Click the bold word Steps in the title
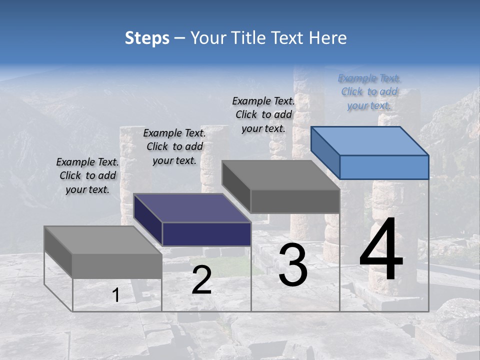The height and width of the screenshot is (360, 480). (147, 38)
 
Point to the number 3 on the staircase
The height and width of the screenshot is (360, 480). (293, 265)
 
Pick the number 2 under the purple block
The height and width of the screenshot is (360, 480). (201, 280)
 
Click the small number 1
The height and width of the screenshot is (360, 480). (116, 295)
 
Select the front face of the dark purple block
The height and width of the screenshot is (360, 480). (206, 234)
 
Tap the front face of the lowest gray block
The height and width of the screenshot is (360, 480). (117, 265)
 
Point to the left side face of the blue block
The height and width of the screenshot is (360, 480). (325, 152)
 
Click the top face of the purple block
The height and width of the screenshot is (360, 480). (192, 207)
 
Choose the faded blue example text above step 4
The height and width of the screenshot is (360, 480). (369, 91)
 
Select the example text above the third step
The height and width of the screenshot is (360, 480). (263, 114)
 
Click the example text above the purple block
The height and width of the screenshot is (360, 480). (174, 146)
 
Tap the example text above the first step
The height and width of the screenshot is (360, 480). (87, 175)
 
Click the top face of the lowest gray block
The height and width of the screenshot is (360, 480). (102, 240)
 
